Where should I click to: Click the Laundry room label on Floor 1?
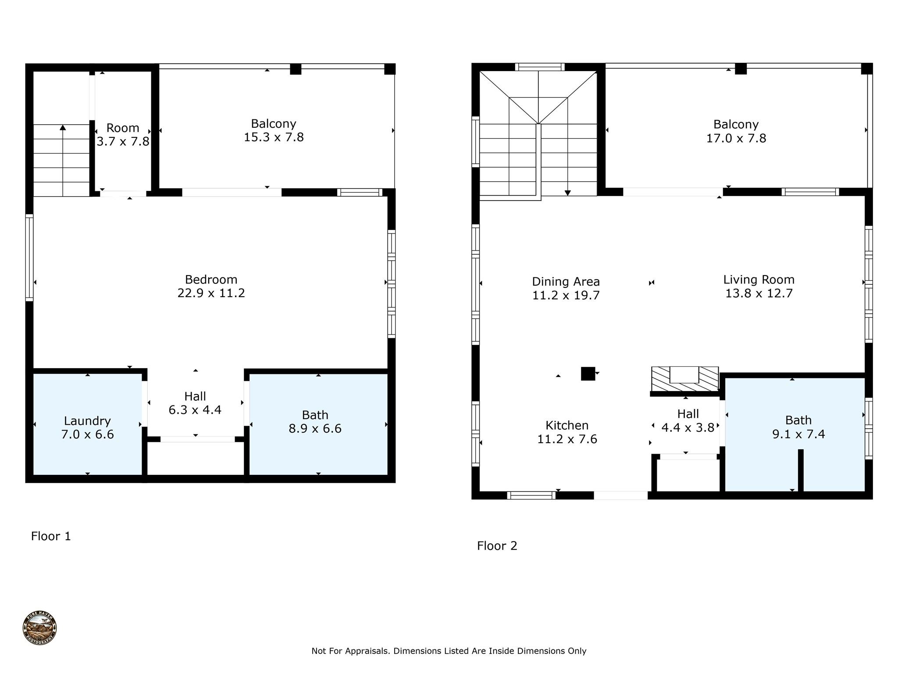tap(87, 421)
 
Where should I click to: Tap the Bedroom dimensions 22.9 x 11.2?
tap(211, 293)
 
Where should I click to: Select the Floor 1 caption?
tap(51, 536)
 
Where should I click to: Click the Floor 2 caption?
tap(497, 546)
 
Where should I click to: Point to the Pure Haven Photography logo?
tap(39, 628)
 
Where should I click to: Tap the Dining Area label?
tap(566, 282)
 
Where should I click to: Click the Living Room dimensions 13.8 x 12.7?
tap(759, 294)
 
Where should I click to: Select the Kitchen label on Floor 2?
tap(567, 425)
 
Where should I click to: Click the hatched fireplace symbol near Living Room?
tap(684, 379)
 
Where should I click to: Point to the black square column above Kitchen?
tap(588, 373)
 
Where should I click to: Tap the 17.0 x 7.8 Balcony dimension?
tap(736, 138)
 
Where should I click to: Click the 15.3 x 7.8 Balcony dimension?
tap(274, 137)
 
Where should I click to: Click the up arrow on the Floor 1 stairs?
tap(63, 128)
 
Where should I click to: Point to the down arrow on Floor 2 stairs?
tap(568, 193)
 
